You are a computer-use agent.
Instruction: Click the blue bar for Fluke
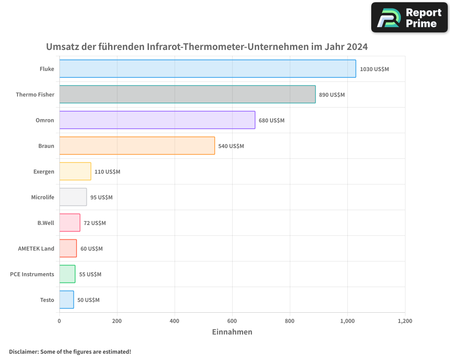[207, 69]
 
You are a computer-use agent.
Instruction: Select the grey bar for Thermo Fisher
[187, 94]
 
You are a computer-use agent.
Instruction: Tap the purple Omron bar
[157, 120]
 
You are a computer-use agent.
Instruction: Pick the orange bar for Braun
[137, 146]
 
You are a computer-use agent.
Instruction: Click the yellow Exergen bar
[75, 171]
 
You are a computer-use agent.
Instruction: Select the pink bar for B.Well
[70, 223]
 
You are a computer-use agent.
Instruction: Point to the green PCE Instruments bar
[67, 274]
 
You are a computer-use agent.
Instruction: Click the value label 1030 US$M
[374, 69]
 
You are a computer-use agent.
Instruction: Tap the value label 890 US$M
[332, 95]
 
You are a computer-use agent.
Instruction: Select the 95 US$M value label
[101, 198]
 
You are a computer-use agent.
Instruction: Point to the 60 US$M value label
[91, 249]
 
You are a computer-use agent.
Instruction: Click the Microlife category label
[42, 198]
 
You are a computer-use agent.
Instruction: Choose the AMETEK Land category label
[36, 249]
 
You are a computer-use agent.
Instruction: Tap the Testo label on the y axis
[47, 300]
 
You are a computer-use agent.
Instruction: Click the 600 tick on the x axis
[232, 321]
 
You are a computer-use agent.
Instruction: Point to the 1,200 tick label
[405, 321]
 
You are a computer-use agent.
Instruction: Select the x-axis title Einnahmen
[232, 332]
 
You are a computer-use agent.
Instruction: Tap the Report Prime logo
[409, 18]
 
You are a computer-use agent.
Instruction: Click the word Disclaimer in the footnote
[23, 352]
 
